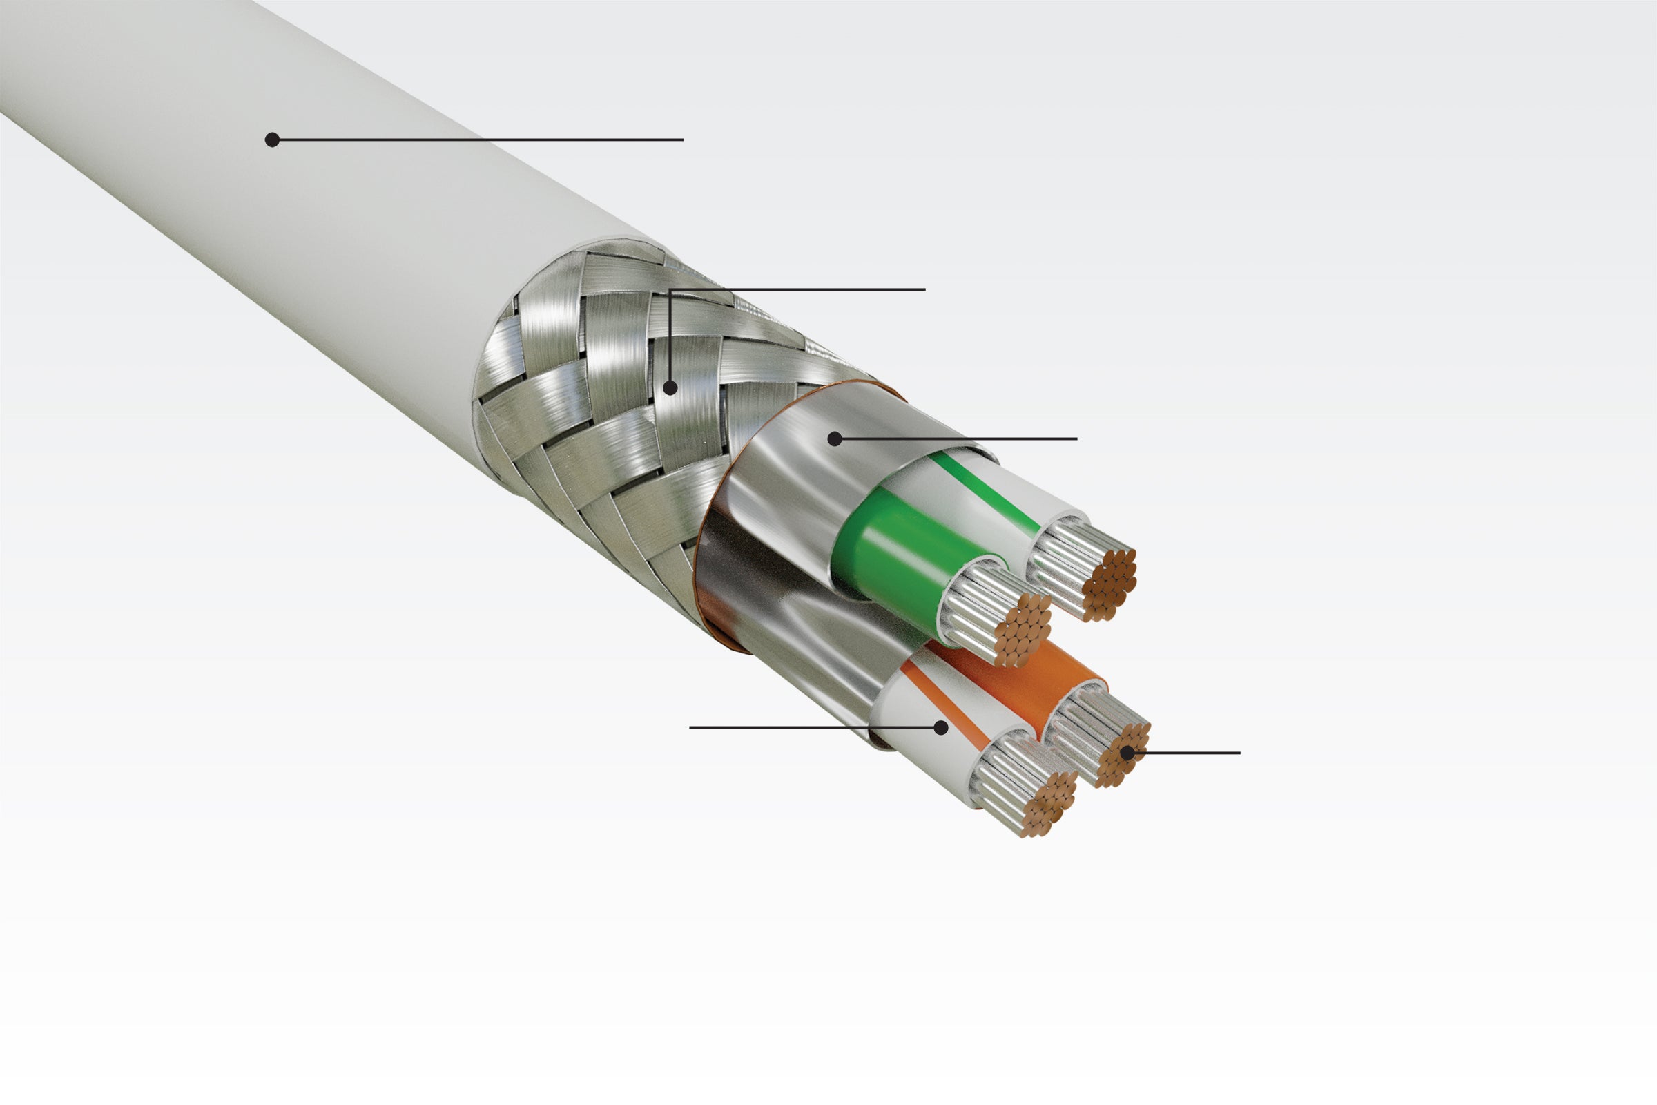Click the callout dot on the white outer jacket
coord(272,140)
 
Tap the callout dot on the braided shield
coord(670,387)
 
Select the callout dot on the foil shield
coord(835,439)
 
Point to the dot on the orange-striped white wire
coord(940,727)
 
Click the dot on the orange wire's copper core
coord(1127,753)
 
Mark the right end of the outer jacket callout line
coord(683,140)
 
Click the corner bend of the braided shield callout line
coord(670,289)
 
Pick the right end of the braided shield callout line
coord(924,289)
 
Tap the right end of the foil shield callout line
coord(1076,439)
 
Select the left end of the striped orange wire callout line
coord(690,727)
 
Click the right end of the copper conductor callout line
coord(1239,753)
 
